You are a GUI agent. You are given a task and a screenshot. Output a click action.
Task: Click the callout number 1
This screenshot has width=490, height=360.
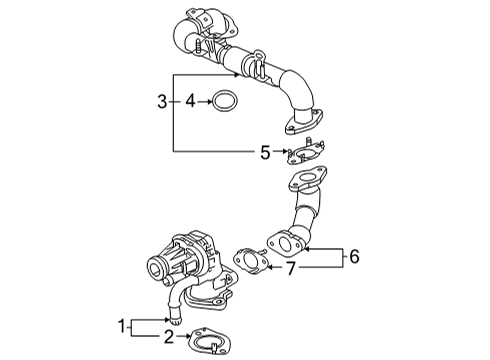[x=122, y=326]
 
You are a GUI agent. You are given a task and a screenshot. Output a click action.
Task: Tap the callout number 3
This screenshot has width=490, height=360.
[x=162, y=100]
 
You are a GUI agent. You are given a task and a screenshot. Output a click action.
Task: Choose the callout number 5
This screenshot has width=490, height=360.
[x=265, y=152]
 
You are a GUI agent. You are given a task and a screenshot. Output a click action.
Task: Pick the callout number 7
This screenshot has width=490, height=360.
[x=292, y=267]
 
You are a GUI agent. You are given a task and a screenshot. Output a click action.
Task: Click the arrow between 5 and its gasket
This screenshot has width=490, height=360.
[x=279, y=152]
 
